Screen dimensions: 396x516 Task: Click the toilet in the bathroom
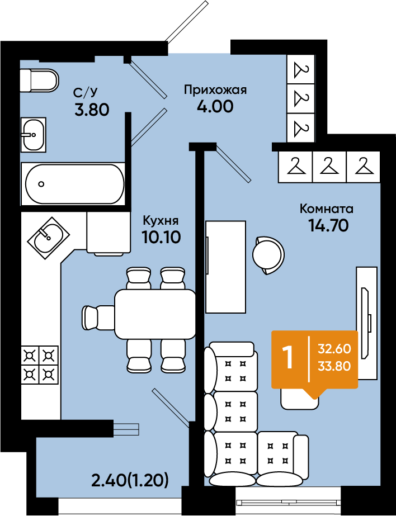point(39,81)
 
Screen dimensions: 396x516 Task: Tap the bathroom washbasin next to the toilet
point(33,135)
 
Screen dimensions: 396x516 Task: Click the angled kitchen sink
point(49,238)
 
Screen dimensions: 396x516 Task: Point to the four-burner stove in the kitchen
point(40,364)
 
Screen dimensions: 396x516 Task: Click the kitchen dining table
point(155,314)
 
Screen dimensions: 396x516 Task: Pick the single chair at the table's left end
point(98,317)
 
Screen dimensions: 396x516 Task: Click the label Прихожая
point(215,89)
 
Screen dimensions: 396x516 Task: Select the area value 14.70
point(328,225)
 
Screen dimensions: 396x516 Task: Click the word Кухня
point(161,220)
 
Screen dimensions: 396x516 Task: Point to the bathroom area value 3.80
point(92,110)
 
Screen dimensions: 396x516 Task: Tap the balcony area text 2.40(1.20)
point(130,481)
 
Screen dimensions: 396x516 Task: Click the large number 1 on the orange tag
point(289,358)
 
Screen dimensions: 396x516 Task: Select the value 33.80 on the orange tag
point(334,366)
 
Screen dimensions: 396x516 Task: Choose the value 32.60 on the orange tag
point(334,348)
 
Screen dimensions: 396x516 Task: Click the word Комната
point(327,209)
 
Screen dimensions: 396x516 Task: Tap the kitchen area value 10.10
point(161,236)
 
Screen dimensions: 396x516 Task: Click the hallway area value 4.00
point(215,106)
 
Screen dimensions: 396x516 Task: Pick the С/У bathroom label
point(86,92)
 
